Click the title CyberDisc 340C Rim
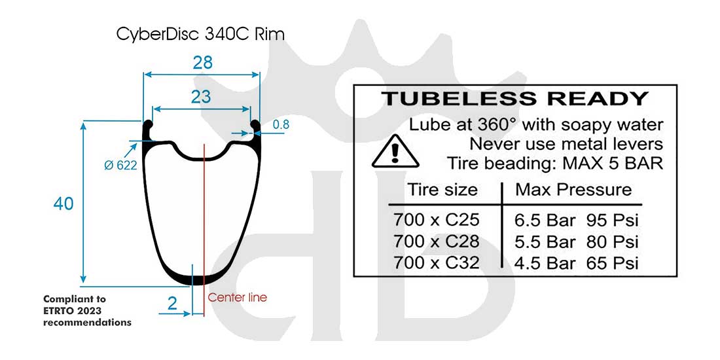[201, 35]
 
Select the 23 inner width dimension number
[201, 96]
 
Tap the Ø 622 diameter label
[120, 166]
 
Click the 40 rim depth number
[63, 204]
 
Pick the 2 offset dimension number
[172, 303]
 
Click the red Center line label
[238, 297]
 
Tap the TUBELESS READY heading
[514, 99]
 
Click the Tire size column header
[443, 190]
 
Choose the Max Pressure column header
[573, 190]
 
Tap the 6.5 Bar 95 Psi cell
[577, 219]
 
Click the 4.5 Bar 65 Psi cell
[577, 263]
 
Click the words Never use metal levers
[566, 143]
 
